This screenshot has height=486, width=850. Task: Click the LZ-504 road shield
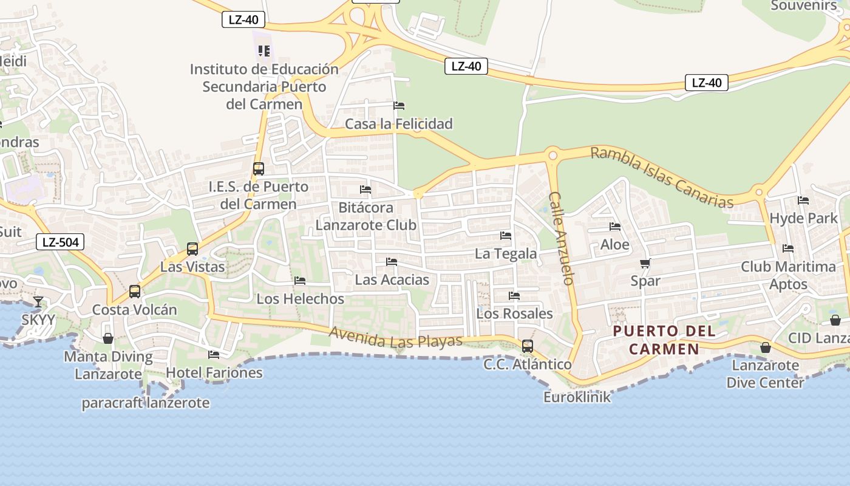tap(59, 242)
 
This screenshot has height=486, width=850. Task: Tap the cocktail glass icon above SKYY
tap(38, 301)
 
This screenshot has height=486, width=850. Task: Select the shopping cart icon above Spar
tap(645, 263)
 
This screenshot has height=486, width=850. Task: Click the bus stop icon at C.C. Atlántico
tap(528, 346)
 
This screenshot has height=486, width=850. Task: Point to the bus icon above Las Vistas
tap(192, 248)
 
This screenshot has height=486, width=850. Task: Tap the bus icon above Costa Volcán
tap(135, 292)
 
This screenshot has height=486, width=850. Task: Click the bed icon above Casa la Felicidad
tap(399, 106)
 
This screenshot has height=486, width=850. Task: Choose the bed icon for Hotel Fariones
tap(214, 355)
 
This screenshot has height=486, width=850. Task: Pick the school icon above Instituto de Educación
tap(263, 50)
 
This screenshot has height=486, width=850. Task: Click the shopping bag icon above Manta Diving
tap(108, 338)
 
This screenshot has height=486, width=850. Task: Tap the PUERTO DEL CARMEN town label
tap(664, 340)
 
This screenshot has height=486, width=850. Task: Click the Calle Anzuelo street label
tap(562, 238)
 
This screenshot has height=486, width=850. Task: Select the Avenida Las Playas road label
tap(396, 338)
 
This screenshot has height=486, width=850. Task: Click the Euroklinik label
tap(577, 397)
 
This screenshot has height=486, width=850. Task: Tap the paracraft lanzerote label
tap(146, 403)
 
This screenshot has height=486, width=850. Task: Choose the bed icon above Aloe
tap(615, 227)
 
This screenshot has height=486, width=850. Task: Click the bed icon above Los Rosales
tap(514, 296)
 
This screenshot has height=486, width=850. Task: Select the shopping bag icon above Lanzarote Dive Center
tap(766, 347)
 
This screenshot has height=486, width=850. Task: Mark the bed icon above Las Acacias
tap(392, 262)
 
